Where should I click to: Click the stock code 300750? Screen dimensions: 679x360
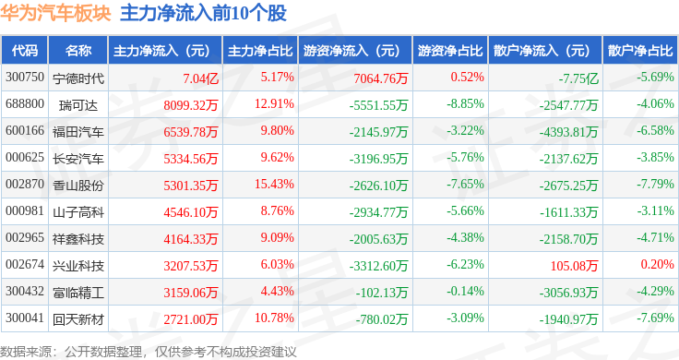coord(25,78)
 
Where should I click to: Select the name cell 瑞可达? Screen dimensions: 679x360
coord(78,105)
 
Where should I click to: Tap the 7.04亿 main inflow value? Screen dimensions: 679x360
coord(200,78)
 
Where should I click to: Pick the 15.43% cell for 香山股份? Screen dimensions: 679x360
coord(274,184)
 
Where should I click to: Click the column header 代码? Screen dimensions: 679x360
coord(25,51)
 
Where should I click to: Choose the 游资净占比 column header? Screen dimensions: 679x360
coord(450,51)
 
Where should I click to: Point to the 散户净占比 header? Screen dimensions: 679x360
coord(640,51)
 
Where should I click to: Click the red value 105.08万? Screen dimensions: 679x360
coord(574,266)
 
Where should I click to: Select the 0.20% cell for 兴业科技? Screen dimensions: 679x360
coord(658,264)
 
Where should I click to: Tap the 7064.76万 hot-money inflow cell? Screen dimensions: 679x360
coord(381,78)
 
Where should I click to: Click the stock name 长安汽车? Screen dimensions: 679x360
coord(78,159)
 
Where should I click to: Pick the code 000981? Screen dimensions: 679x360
coord(25,211)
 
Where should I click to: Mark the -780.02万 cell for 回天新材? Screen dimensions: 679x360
coord(382,319)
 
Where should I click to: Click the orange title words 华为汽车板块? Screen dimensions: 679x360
coord(55,14)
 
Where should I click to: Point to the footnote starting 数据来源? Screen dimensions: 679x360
coord(149,352)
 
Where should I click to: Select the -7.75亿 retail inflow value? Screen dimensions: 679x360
coord(578,78)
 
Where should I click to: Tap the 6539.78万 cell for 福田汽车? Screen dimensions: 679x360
coord(191,132)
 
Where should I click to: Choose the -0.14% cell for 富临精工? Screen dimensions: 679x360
coord(465,291)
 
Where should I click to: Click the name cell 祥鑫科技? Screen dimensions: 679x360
coord(78,239)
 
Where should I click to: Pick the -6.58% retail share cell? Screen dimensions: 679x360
coord(655,130)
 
